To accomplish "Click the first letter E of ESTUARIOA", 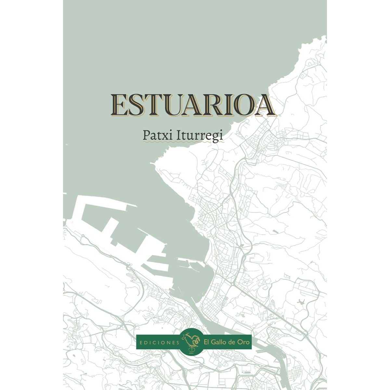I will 119,105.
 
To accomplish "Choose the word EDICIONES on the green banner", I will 159,342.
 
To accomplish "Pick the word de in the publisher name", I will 233,342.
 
